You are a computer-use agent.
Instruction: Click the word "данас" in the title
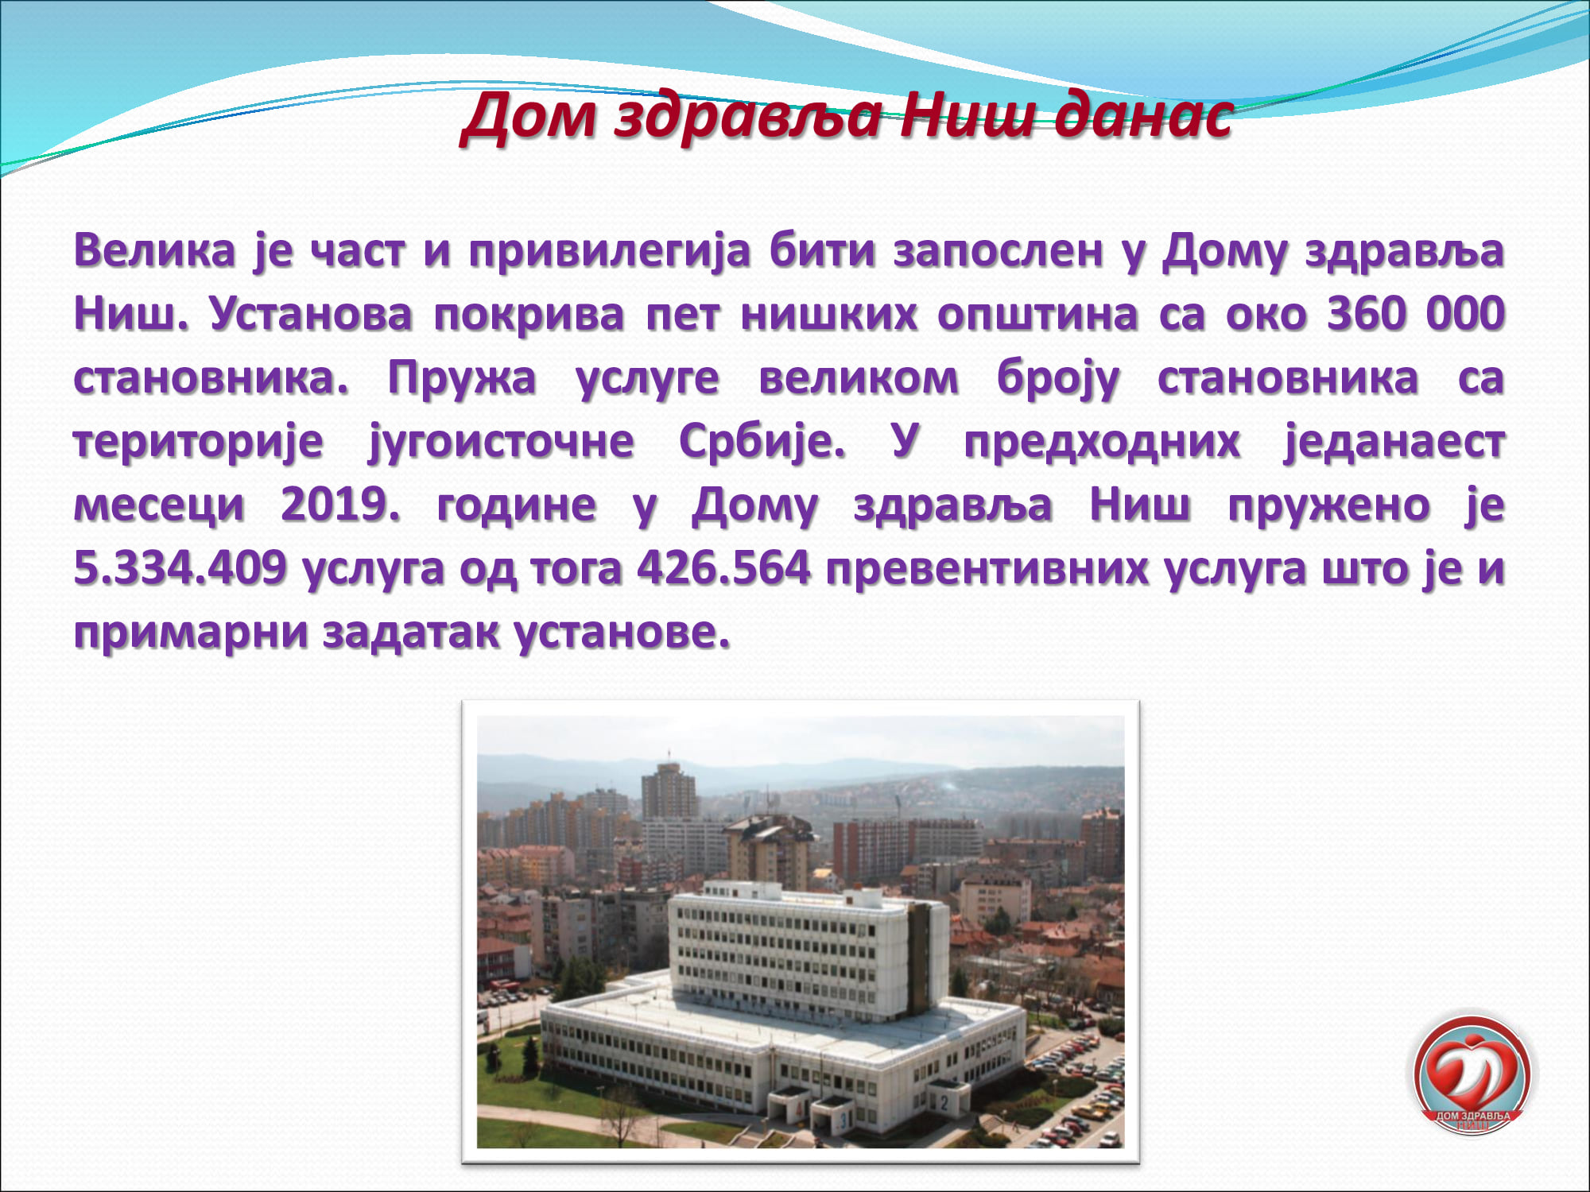coord(1145,117)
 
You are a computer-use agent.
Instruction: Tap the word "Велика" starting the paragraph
coord(155,250)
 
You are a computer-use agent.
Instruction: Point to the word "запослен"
coord(999,251)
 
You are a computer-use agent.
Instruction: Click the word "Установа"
coord(311,314)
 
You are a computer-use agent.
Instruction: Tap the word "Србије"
coord(762,442)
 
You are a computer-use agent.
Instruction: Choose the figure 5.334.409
coord(180,567)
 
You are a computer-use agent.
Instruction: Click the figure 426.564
coord(723,567)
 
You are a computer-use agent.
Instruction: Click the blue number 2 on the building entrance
coord(944,1103)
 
